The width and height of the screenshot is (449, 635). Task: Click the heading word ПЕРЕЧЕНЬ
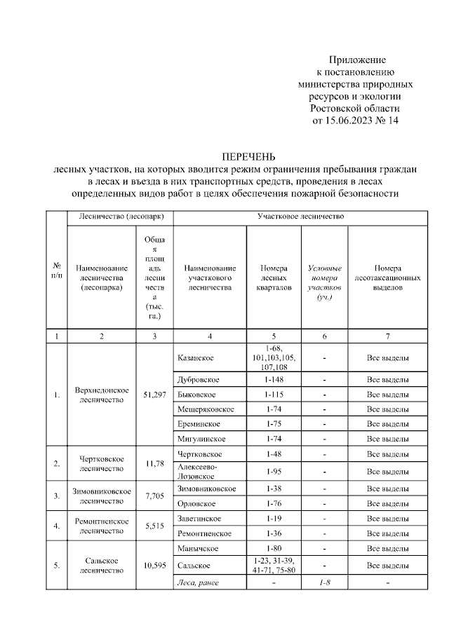pyautogui.click(x=249, y=156)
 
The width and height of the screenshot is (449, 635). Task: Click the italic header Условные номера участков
pyautogui.click(x=325, y=282)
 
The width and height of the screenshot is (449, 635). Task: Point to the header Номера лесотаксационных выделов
pyautogui.click(x=388, y=278)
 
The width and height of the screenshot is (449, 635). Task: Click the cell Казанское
pyautogui.click(x=196, y=358)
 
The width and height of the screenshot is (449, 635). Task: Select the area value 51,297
pyautogui.click(x=154, y=395)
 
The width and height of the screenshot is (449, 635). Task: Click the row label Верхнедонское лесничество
pyautogui.click(x=101, y=395)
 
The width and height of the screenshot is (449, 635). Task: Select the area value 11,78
pyautogui.click(x=154, y=463)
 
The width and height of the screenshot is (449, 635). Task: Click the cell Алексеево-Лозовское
pyautogui.click(x=198, y=470)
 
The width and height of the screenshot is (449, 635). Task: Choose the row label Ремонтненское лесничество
pyautogui.click(x=101, y=526)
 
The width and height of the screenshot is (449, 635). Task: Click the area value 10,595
pyautogui.click(x=154, y=565)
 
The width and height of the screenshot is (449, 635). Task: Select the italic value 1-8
pyautogui.click(x=325, y=583)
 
